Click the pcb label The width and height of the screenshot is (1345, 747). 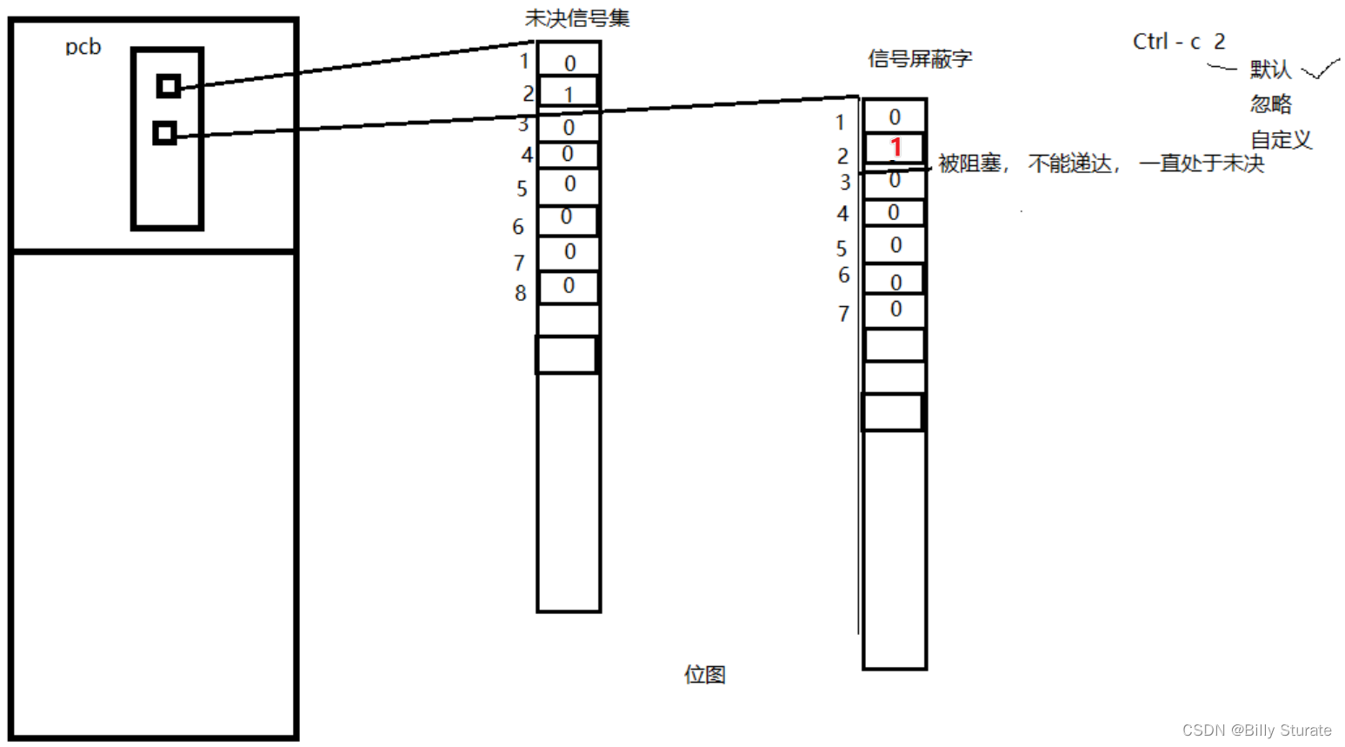coord(83,47)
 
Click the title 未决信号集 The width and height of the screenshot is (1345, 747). coord(577,18)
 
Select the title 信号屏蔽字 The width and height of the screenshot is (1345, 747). coord(920,59)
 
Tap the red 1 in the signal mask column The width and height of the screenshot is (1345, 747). coord(896,148)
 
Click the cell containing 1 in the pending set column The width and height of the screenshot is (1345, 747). coord(569,93)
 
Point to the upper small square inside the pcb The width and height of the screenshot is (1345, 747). coord(169,86)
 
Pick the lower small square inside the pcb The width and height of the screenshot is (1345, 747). coord(164,133)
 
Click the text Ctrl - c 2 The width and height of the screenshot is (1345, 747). coord(1179,42)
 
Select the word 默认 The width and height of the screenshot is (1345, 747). coord(1270,70)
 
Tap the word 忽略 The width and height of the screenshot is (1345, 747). coord(1270,104)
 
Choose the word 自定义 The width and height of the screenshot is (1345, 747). coord(1281,139)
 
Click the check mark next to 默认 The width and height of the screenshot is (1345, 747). coord(1321,69)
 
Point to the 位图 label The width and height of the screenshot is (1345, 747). coord(705,674)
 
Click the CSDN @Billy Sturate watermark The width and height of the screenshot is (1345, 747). coord(1256,730)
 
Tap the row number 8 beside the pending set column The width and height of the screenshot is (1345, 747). coord(520,293)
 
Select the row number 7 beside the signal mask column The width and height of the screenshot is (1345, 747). coord(843,313)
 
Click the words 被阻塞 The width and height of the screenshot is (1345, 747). coord(969,163)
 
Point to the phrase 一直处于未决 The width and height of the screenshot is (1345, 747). coord(1202,163)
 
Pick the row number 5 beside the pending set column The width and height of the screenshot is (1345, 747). coord(522,189)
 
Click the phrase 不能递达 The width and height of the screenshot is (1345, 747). coord(1070,163)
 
